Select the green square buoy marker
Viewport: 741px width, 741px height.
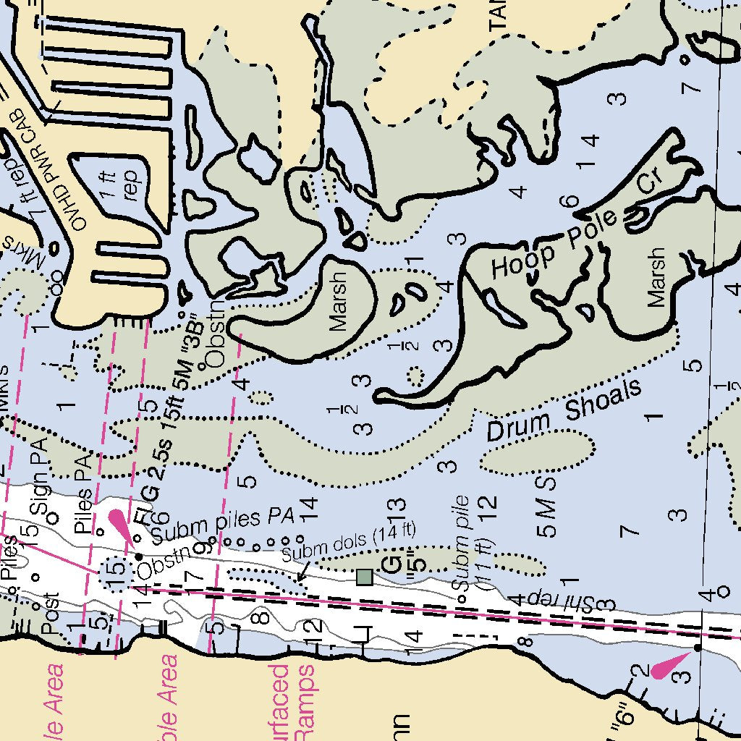click(x=365, y=577)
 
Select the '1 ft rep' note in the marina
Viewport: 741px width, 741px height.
click(x=120, y=184)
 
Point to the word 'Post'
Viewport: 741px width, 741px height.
click(x=51, y=614)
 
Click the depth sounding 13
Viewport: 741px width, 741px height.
click(x=395, y=515)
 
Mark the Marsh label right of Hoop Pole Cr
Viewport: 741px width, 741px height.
click(x=656, y=277)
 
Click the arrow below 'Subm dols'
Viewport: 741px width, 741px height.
click(x=303, y=572)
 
